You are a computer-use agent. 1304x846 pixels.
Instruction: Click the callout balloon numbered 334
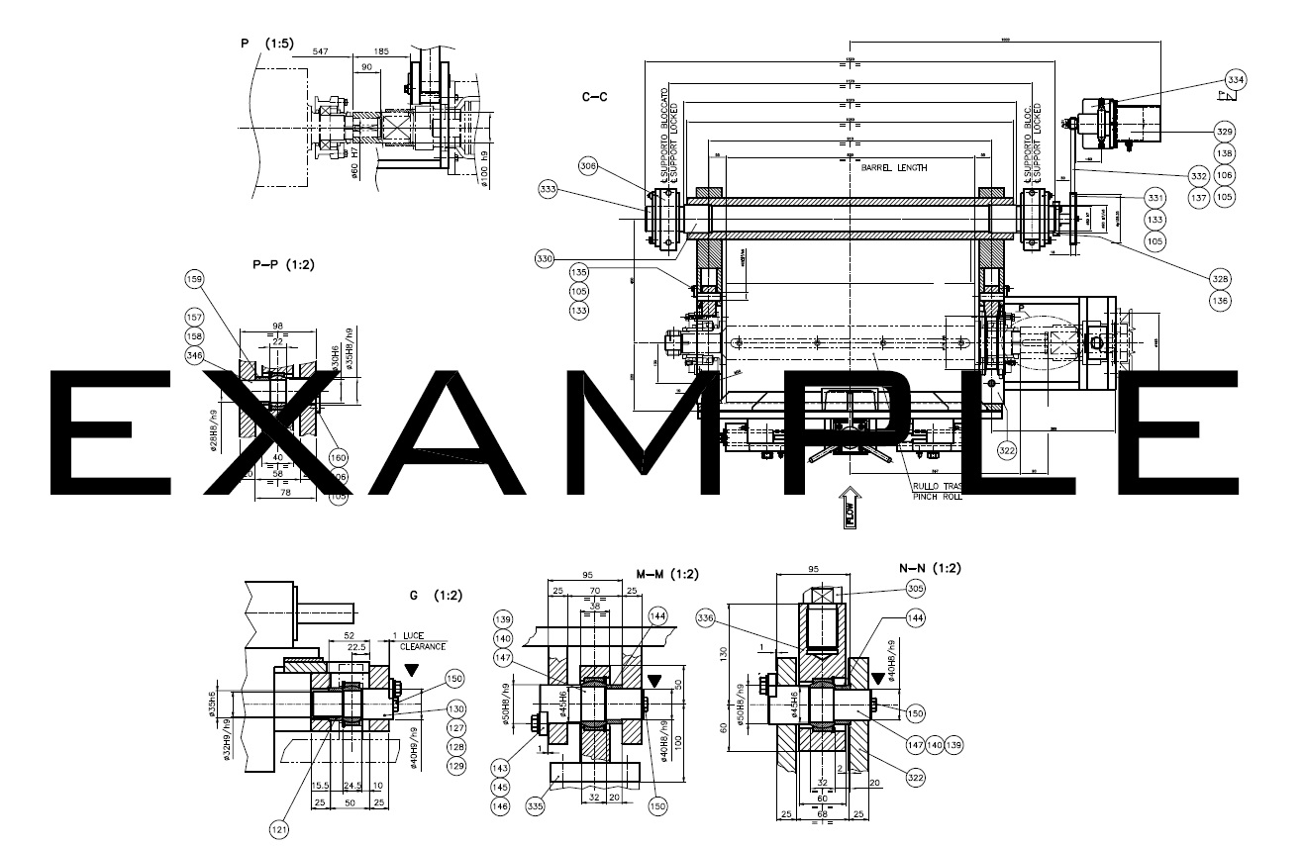point(1236,79)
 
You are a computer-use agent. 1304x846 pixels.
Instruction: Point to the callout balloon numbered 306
point(588,167)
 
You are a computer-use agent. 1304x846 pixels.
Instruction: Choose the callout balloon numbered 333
point(549,188)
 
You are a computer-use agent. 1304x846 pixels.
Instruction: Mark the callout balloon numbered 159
point(194,280)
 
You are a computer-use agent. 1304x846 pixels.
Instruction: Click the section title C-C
point(594,97)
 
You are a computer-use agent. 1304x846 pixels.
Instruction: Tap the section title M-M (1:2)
point(666,574)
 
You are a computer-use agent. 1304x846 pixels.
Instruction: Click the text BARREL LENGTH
point(887,168)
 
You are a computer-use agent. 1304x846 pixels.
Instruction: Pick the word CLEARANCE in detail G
point(423,646)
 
